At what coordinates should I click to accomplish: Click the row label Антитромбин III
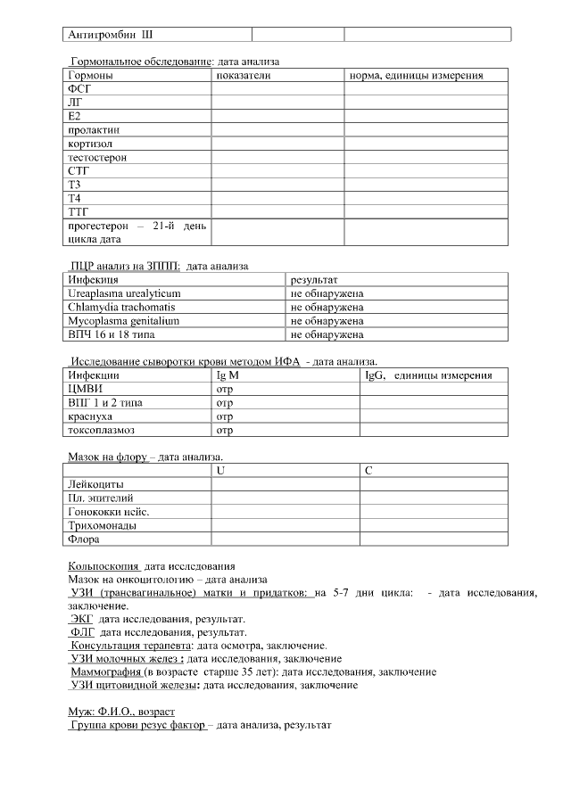click(110, 35)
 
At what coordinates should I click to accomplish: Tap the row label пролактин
click(94, 130)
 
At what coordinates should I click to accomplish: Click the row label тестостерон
click(97, 157)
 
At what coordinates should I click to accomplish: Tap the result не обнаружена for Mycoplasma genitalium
click(327, 320)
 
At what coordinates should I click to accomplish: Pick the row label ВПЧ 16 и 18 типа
click(113, 334)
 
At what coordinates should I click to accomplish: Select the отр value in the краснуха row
click(225, 416)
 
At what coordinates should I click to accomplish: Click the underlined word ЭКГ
click(82, 619)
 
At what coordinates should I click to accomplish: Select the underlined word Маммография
click(106, 672)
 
